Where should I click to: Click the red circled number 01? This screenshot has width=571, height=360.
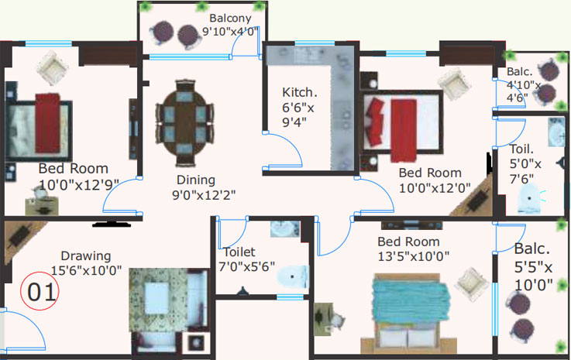pyautogui.click(x=40, y=291)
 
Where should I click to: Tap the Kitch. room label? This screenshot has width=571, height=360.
pyautogui.click(x=299, y=92)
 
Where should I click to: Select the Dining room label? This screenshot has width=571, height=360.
pyautogui.click(x=196, y=180)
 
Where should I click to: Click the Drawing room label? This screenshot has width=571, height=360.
pyautogui.click(x=85, y=256)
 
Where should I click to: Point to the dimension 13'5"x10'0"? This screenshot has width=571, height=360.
pyautogui.click(x=413, y=256)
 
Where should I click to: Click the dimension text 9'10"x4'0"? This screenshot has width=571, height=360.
pyautogui.click(x=231, y=31)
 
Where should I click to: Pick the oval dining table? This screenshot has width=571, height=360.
pyautogui.click(x=184, y=123)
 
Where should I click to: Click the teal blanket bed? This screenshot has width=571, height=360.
pyautogui.click(x=408, y=313)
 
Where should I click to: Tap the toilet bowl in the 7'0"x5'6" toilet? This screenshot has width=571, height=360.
pyautogui.click(x=292, y=276)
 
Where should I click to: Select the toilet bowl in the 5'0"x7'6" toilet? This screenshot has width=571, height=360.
pyautogui.click(x=529, y=199)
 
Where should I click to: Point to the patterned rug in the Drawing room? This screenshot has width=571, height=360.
pyautogui.click(x=158, y=300)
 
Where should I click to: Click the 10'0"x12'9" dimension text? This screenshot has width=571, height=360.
pyautogui.click(x=79, y=185)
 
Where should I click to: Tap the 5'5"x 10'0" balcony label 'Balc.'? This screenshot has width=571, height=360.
pyautogui.click(x=532, y=249)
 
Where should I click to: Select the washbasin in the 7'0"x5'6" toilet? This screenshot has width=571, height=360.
pyautogui.click(x=285, y=228)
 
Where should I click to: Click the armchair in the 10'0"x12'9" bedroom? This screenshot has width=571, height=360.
pyautogui.click(x=53, y=68)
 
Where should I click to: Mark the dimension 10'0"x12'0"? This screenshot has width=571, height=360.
pyautogui.click(x=435, y=188)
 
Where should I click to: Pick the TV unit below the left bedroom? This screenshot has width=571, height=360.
pyautogui.click(x=112, y=224)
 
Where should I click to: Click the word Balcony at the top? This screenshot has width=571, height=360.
pyautogui.click(x=230, y=19)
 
